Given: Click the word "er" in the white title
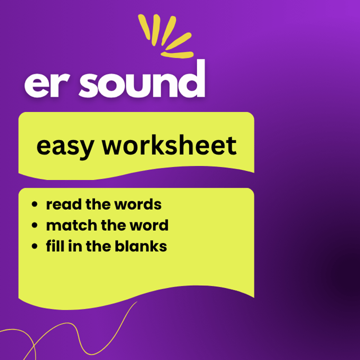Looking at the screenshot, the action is [x=47, y=85].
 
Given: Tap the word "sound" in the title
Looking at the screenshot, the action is [x=142, y=79].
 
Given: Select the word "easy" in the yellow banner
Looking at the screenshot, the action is [x=65, y=147].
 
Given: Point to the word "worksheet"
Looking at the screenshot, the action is [x=169, y=145].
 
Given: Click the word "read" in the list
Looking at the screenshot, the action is [x=64, y=204].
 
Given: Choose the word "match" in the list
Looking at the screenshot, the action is [x=71, y=225].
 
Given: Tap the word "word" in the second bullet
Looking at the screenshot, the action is [x=149, y=225].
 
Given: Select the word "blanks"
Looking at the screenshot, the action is [x=141, y=246].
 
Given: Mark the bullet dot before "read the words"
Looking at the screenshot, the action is [x=34, y=204].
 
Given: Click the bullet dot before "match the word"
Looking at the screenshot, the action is [x=34, y=225].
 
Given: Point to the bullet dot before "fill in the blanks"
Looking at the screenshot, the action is [x=34, y=246].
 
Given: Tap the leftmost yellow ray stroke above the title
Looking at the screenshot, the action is [x=144, y=26].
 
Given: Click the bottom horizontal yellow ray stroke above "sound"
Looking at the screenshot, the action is [x=177, y=55].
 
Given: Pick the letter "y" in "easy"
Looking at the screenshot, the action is [x=86, y=149].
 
